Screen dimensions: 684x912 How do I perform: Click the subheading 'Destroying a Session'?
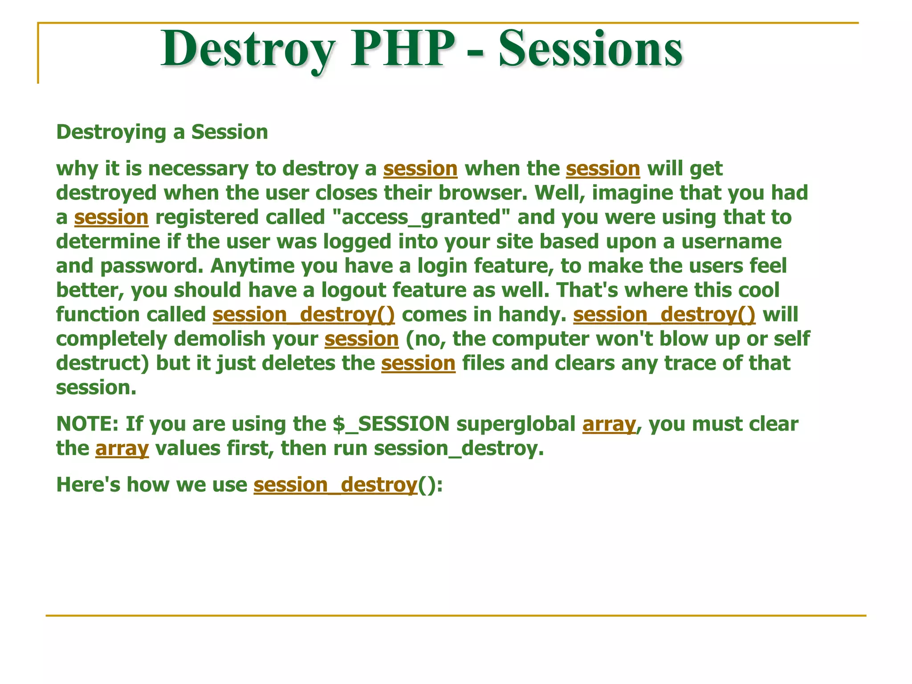pos(162,132)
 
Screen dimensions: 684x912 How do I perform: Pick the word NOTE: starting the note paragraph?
pos(87,423)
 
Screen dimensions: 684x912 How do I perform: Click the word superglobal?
pos(516,423)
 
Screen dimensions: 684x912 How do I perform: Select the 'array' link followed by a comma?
pos(609,423)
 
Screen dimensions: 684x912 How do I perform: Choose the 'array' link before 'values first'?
pos(122,448)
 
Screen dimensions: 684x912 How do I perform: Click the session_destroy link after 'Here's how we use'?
pos(335,484)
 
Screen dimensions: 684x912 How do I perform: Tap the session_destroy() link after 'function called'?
pos(304,314)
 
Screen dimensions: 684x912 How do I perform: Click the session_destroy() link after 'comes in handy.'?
pos(664,314)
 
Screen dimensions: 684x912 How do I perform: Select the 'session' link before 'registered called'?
pos(111,217)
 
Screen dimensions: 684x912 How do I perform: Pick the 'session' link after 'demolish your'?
pos(362,339)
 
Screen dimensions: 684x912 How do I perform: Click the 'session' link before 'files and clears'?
pos(418,363)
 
